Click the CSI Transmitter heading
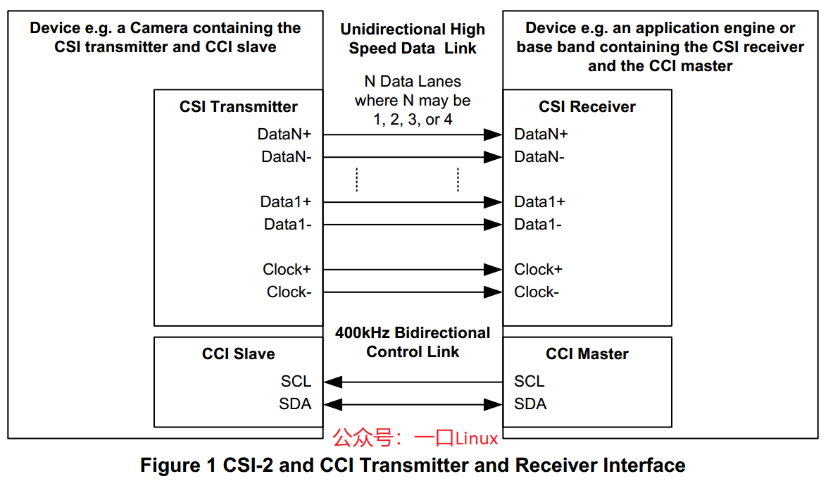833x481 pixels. [239, 107]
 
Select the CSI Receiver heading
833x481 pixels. [587, 107]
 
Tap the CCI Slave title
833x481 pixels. [239, 354]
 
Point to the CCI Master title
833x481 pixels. [587, 354]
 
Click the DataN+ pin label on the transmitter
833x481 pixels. [284, 134]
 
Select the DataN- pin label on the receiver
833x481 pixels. [539, 157]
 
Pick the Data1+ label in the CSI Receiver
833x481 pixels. [540, 202]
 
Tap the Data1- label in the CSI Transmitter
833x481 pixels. [288, 224]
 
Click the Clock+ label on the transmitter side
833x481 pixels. [287, 270]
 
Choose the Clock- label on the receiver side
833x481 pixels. [537, 292]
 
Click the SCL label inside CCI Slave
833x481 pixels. [296, 382]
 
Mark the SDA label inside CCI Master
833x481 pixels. [530, 404]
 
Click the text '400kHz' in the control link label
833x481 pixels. [363, 332]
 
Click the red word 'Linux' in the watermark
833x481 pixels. [477, 439]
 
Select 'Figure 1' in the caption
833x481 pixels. [178, 466]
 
